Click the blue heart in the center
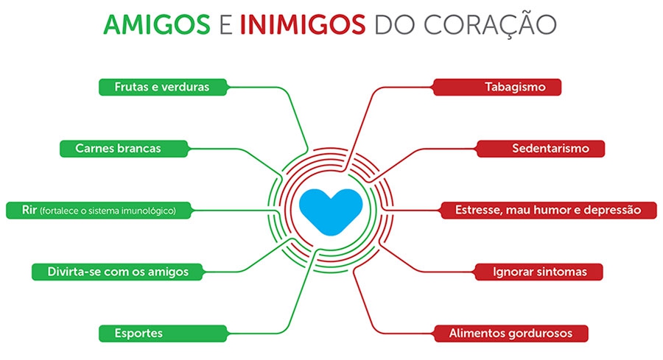click(x=331, y=211)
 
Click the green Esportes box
click(x=164, y=333)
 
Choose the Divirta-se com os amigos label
click(x=118, y=272)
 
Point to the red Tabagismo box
click(x=497, y=87)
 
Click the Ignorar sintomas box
click(x=539, y=272)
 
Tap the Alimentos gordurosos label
click(x=511, y=333)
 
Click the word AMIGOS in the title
click(x=157, y=24)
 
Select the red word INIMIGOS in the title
click(x=303, y=24)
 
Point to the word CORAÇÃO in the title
click(x=490, y=24)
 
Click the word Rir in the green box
click(x=29, y=210)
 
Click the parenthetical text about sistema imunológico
click(x=108, y=211)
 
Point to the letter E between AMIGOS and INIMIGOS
click(x=226, y=24)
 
